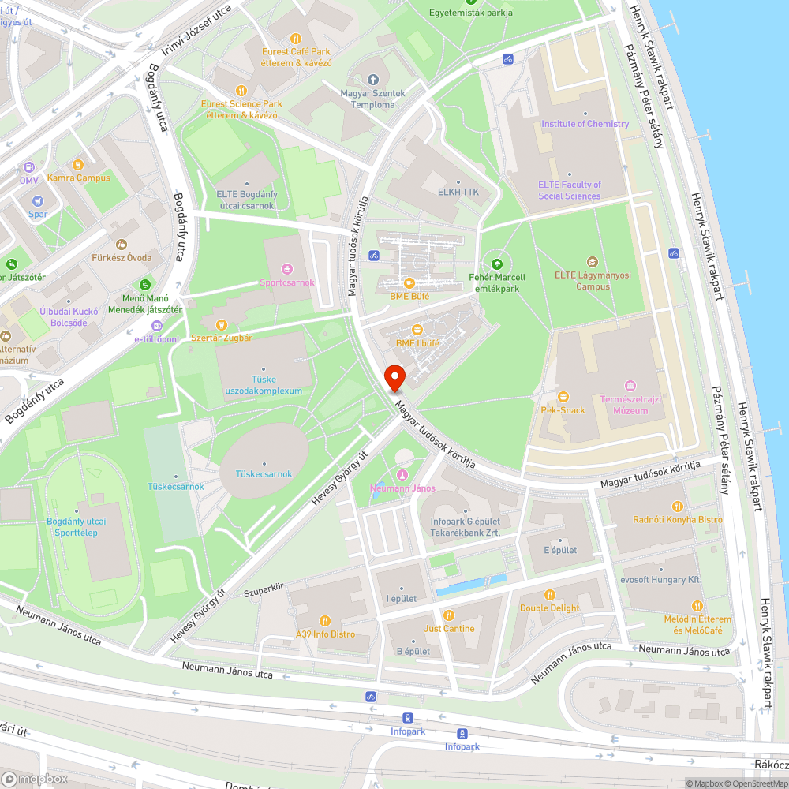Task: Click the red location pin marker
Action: coord(394,377)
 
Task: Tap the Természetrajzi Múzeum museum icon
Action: coord(629,385)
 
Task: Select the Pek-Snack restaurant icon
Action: coord(563,396)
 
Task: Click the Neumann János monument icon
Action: coord(402,474)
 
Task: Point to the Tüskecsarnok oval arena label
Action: coord(264,473)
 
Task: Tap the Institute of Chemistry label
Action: coord(585,124)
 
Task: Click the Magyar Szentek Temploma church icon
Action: coord(374,80)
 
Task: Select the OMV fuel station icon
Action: coord(29,167)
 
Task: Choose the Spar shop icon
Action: coord(38,200)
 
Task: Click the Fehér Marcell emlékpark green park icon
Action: coord(497,264)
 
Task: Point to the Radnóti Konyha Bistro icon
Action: coord(676,506)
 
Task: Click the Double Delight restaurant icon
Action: coord(550,594)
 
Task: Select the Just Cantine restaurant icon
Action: coord(449,615)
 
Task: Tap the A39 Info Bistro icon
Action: coord(324,620)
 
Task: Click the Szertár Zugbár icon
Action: coord(222,324)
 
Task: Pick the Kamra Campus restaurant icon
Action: coord(77,165)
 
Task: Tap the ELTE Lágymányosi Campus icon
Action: coord(593,262)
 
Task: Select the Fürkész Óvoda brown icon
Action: coord(121,245)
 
